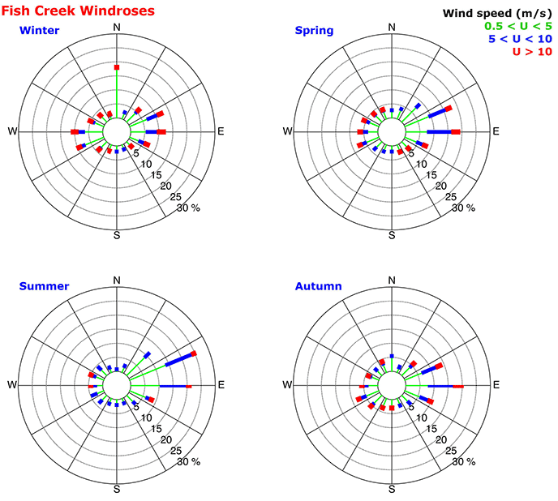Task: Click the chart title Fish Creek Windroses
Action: (79, 11)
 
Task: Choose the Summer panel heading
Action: (44, 285)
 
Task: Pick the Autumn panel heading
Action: (318, 285)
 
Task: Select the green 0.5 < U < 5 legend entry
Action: (517, 26)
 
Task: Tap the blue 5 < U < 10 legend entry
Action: (519, 39)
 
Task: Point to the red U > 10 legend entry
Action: (531, 52)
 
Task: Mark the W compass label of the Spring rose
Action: (286, 131)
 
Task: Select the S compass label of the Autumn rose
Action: (393, 490)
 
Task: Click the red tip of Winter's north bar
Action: (117, 66)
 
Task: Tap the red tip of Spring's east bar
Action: (456, 131)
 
